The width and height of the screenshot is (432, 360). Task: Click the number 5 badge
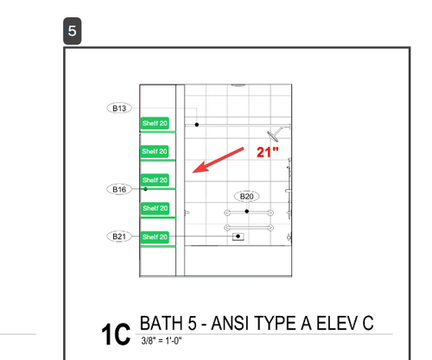73,31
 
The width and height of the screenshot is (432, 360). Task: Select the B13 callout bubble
119,108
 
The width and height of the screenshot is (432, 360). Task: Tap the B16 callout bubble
119,189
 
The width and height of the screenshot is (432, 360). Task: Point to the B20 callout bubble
246,196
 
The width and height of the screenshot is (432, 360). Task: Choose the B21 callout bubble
119,237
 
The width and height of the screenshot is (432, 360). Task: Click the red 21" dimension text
268,152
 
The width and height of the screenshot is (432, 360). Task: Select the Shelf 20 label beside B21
155,237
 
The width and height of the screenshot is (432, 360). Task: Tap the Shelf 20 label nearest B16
155,180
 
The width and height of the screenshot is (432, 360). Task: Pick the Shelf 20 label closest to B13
155,123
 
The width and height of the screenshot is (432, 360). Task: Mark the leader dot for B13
197,124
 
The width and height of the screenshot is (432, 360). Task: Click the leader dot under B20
246,212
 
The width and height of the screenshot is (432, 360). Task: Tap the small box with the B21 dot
238,237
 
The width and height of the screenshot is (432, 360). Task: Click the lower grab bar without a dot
249,228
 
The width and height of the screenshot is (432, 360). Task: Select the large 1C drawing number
116,334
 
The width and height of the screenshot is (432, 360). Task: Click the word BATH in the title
162,323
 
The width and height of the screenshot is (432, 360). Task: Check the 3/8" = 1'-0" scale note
162,341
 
